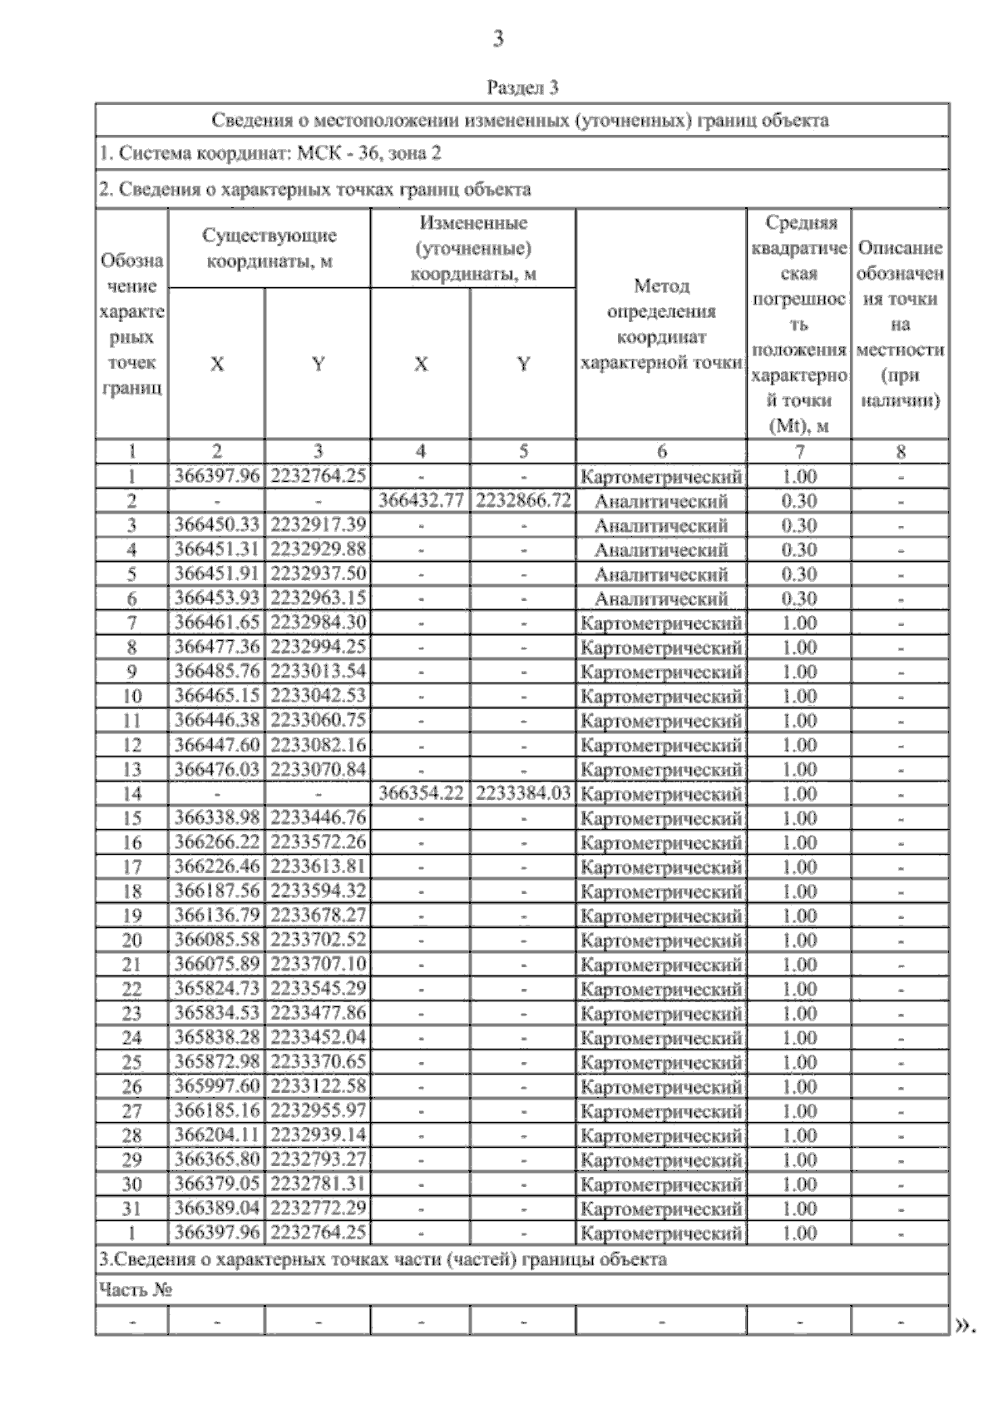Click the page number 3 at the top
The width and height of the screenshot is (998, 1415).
[x=498, y=38]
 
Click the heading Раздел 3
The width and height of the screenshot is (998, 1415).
[x=522, y=87]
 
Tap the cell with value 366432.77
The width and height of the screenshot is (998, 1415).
[x=421, y=500]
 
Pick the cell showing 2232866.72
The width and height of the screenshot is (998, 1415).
[x=523, y=500]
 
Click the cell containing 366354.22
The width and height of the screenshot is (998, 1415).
[x=421, y=793]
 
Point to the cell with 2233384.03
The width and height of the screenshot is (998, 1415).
[x=523, y=793]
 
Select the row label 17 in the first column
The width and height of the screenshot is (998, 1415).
[x=131, y=867]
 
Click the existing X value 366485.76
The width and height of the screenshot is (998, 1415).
[x=217, y=671]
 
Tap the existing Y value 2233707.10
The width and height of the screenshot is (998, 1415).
[x=319, y=964]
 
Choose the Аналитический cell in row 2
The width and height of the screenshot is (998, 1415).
[x=661, y=501]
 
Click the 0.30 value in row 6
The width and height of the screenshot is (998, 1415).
[x=799, y=598]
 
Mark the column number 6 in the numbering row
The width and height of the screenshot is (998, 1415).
[x=661, y=451]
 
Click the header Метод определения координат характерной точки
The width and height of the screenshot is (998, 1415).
[x=661, y=324]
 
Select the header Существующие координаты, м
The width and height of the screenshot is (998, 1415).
[x=269, y=248]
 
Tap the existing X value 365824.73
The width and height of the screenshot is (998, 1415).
[x=217, y=989]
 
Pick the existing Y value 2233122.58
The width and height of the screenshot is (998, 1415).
[x=319, y=1086]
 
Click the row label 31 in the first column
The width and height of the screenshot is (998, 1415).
[x=131, y=1209]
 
